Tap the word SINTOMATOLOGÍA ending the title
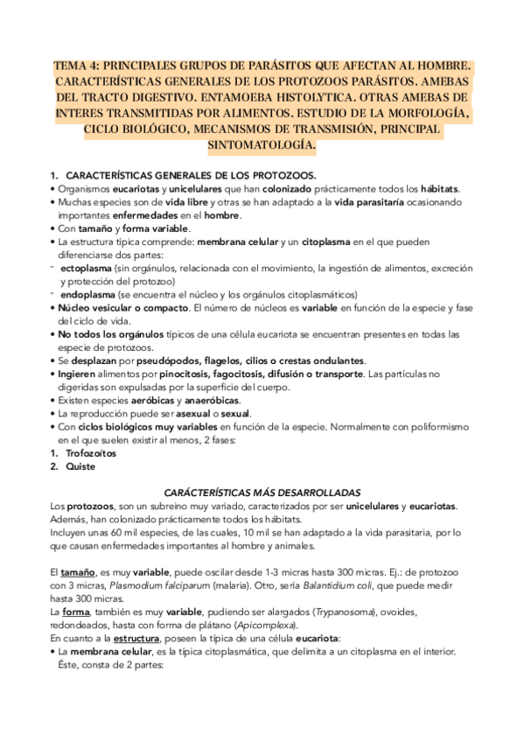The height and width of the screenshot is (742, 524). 262,144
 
